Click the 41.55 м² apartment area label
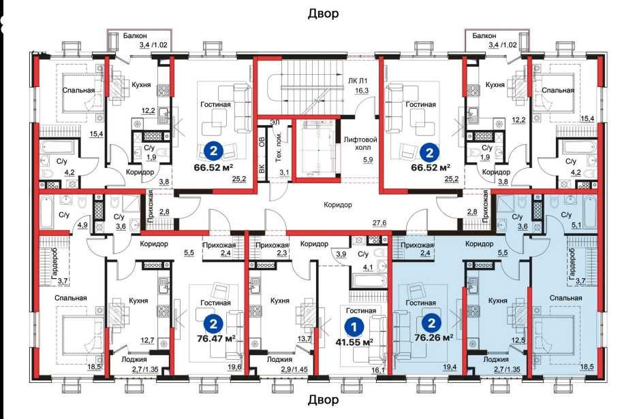pos(354,342)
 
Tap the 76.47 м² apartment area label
pos(216,338)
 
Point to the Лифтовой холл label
pos(360,144)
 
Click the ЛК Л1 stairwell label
pos(358,81)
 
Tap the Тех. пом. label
pos(278,146)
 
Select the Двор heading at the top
pos(323,14)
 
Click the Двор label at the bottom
pos(323,400)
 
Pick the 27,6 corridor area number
pos(380,223)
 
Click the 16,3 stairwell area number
pos(362,90)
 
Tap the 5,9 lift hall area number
pos(368,160)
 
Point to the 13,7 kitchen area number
pos(304,339)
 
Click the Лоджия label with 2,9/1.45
pos(280,359)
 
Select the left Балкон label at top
pos(135,35)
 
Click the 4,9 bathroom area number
pos(82,225)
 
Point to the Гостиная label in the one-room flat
pos(361,311)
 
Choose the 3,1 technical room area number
pos(284,173)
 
